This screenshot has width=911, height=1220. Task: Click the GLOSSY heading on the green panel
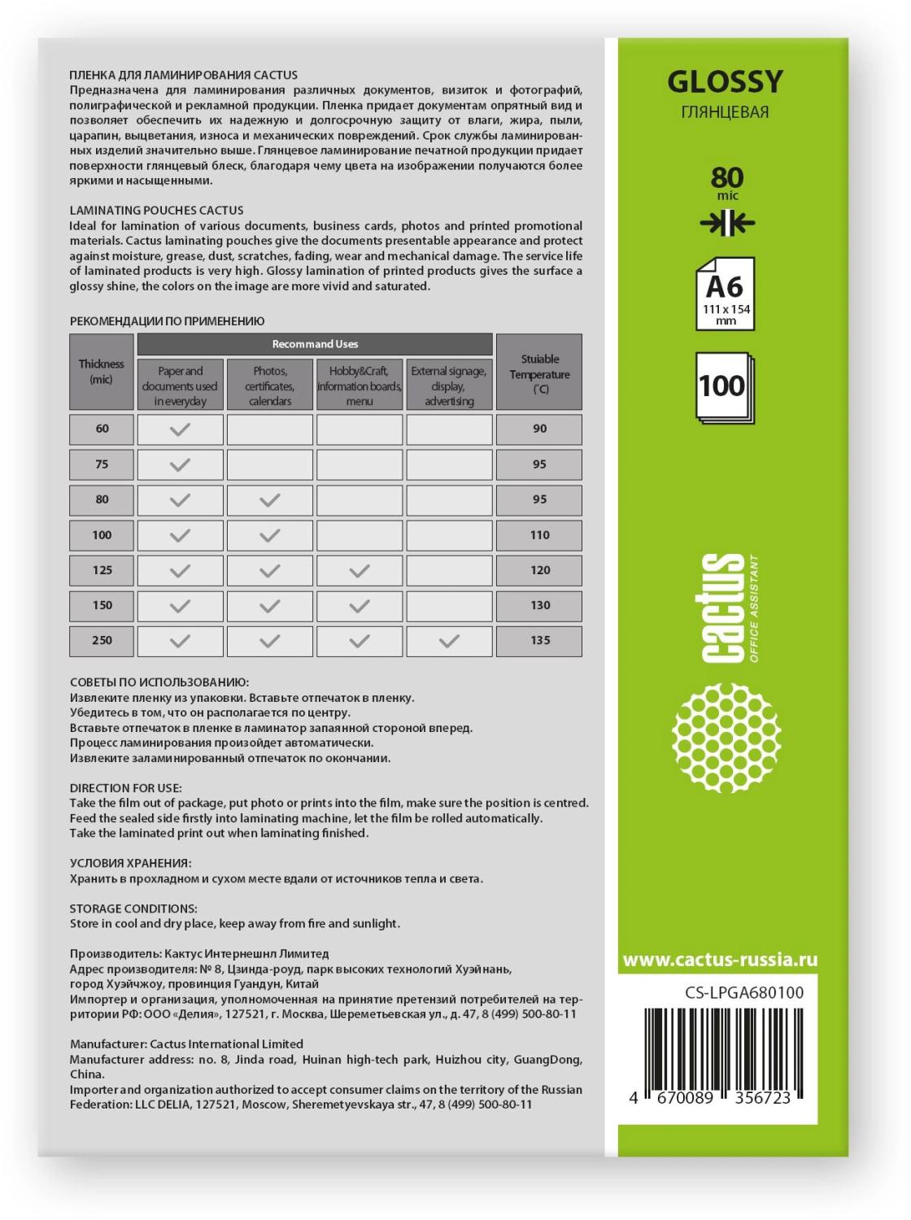click(725, 81)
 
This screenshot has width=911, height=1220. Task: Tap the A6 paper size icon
click(725, 294)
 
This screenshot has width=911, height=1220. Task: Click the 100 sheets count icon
click(724, 386)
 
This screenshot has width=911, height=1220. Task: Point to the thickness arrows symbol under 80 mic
click(726, 224)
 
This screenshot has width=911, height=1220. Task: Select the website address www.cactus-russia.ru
click(720, 960)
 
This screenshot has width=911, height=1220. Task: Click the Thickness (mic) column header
click(102, 372)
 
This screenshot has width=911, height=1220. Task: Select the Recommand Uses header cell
click(315, 344)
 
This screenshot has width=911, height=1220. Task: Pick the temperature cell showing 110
click(539, 535)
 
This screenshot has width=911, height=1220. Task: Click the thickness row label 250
click(102, 640)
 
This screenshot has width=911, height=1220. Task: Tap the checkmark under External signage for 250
click(449, 641)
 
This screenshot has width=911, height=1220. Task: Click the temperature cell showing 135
click(539, 640)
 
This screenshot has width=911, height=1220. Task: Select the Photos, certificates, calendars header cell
click(269, 386)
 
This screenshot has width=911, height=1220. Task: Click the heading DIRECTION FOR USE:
click(126, 787)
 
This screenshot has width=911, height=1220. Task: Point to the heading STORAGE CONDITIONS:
click(133, 908)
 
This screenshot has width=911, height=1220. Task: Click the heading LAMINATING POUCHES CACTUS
click(156, 210)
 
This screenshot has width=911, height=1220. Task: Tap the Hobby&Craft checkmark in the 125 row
click(359, 571)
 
